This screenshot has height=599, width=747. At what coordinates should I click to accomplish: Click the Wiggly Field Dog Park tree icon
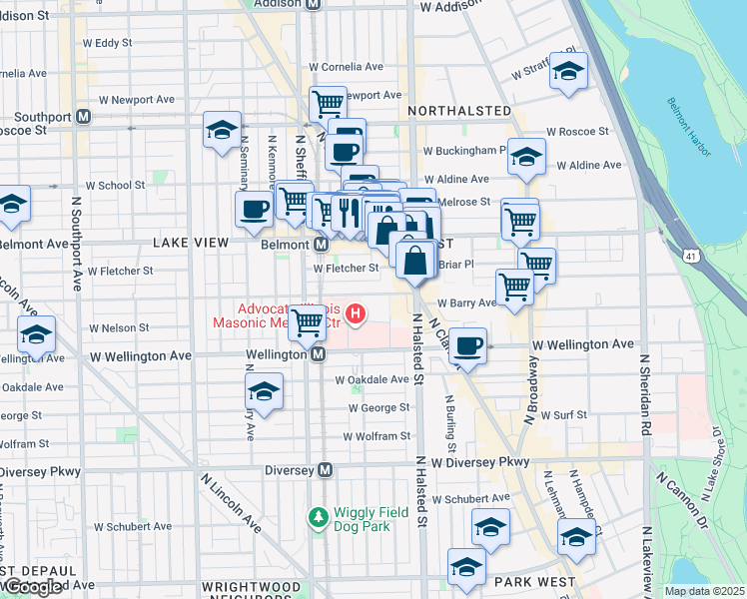click(x=318, y=517)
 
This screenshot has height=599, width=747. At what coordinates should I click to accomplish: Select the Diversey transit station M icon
click(x=325, y=469)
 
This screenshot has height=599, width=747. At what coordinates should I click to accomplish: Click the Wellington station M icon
click(x=318, y=354)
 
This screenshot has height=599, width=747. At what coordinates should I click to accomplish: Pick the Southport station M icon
click(x=84, y=117)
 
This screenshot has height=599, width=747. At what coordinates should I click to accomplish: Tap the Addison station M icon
click(x=312, y=4)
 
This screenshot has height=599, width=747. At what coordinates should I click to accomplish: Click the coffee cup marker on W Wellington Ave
click(x=467, y=345)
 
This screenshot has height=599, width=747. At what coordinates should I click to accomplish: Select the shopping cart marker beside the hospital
click(x=308, y=321)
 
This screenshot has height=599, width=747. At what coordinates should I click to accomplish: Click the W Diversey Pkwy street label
click(x=479, y=462)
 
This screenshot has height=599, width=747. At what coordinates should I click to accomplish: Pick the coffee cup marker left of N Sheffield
click(x=254, y=208)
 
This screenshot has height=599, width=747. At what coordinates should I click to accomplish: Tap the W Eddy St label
click(x=107, y=43)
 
